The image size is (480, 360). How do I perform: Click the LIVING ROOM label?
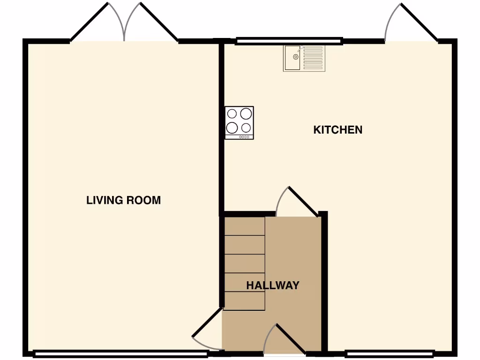click(123, 200)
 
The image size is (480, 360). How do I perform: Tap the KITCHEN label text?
click(337, 130)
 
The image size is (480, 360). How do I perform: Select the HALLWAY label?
click(273, 285)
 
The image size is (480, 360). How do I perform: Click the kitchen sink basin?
click(292, 58)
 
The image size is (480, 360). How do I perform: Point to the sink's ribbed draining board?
click(313, 58)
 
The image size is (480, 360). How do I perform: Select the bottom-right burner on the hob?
click(246, 127)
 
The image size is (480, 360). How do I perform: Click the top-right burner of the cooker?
click(246, 113)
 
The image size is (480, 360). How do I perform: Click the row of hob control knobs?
click(244, 137)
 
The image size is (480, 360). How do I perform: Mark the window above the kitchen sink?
click(289, 42)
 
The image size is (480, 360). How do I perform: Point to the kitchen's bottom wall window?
click(389, 353)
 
